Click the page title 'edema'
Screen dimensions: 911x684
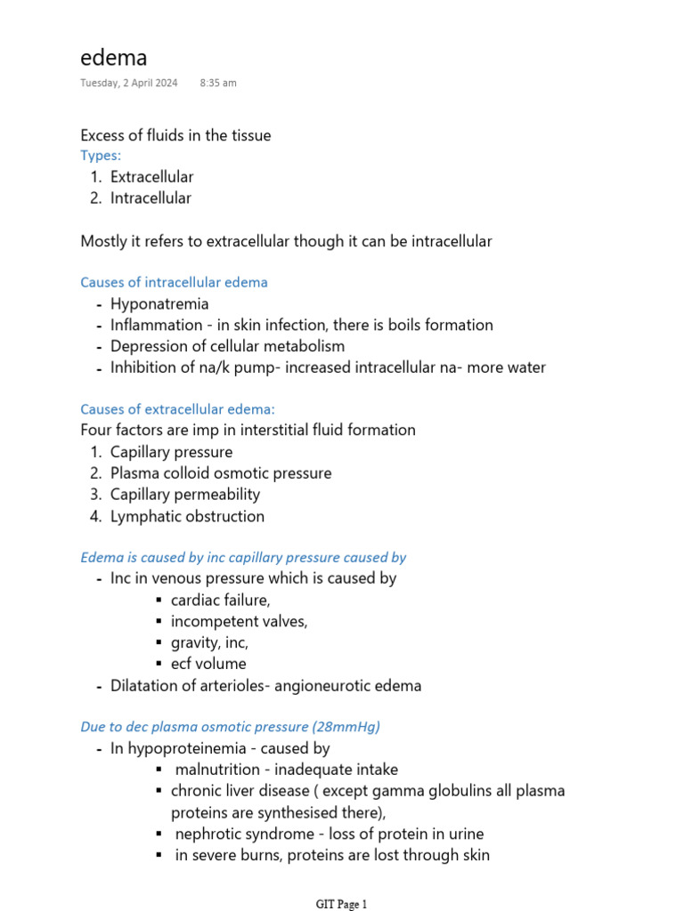tap(114, 58)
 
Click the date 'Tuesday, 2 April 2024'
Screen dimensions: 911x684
tap(128, 83)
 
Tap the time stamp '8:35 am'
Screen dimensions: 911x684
tap(218, 83)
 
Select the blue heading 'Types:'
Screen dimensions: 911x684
tap(101, 156)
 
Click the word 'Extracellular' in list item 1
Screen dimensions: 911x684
tap(151, 177)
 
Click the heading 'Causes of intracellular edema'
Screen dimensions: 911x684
tap(174, 282)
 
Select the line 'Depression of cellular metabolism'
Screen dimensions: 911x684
tap(227, 346)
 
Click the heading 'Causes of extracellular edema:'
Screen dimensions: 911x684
tap(178, 408)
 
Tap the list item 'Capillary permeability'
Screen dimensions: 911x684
tap(185, 495)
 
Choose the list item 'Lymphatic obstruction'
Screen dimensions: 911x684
tap(187, 516)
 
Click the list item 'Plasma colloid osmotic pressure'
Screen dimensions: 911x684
tap(221, 473)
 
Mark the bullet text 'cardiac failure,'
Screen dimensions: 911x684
tap(220, 601)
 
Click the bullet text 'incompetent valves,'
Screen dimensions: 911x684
tap(239, 622)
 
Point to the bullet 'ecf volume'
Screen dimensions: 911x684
tap(208, 664)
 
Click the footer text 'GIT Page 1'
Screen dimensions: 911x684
tap(341, 904)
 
